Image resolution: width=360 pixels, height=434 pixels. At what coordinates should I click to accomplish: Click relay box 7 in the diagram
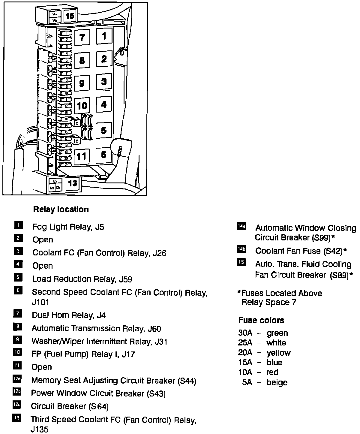click(82, 38)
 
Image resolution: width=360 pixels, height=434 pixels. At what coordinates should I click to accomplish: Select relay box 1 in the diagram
click(104, 36)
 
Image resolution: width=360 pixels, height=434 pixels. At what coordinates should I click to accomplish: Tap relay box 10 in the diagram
click(82, 106)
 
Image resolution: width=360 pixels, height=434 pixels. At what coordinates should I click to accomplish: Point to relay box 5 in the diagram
click(103, 130)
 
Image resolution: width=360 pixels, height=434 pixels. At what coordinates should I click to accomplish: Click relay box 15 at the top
click(70, 16)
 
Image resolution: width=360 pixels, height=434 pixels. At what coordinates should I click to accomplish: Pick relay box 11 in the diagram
click(81, 156)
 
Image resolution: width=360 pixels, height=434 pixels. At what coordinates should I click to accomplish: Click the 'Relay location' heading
click(61, 209)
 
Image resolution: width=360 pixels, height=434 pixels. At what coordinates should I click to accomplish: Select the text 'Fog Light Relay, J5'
click(68, 227)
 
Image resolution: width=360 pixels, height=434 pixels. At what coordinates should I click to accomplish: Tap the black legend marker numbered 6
click(18, 291)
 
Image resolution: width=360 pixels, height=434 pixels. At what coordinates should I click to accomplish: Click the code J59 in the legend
click(125, 279)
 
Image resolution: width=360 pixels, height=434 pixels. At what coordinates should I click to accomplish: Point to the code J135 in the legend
click(39, 430)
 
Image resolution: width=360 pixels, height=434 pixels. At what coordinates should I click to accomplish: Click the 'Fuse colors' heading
click(261, 320)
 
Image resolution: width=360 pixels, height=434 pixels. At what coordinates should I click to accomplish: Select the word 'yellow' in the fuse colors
click(278, 353)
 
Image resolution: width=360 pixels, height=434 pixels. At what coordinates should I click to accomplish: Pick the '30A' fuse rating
click(245, 333)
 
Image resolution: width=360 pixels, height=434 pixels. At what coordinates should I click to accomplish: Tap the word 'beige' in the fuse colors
click(277, 382)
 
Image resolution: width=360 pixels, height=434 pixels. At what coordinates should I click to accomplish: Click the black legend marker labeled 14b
click(241, 249)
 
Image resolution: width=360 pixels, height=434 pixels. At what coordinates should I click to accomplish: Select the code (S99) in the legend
click(321, 238)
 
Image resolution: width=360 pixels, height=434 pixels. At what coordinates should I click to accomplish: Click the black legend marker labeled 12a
click(17, 379)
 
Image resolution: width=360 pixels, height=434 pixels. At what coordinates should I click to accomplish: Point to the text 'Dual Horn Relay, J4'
click(69, 315)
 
